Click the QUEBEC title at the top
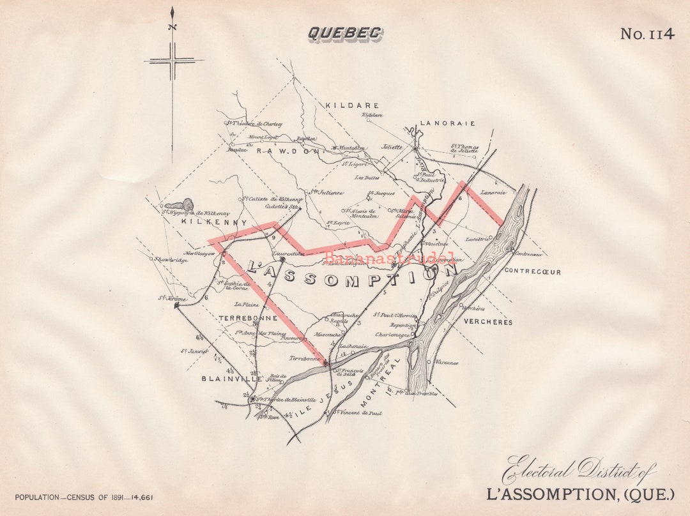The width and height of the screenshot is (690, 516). coord(345,33)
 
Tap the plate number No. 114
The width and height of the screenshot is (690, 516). coord(647,34)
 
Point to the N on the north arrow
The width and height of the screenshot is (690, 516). coord(171,27)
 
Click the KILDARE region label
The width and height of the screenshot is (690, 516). coord(352,105)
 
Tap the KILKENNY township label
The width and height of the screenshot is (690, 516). coord(205,222)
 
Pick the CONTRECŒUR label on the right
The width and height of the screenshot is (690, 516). coord(532,271)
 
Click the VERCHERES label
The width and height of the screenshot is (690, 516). coord(488,322)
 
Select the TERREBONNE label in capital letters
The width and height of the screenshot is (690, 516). coord(248,317)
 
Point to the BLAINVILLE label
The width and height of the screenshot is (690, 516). coord(232,379)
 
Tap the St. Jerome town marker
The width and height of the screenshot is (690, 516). coord(176,305)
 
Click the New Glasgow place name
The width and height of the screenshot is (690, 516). coord(200,254)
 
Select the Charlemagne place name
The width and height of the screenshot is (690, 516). coord(392,334)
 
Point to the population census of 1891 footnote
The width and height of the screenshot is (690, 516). coord(84,497)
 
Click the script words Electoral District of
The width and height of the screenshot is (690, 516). coord(578,471)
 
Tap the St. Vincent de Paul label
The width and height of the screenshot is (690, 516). coord(359,413)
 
